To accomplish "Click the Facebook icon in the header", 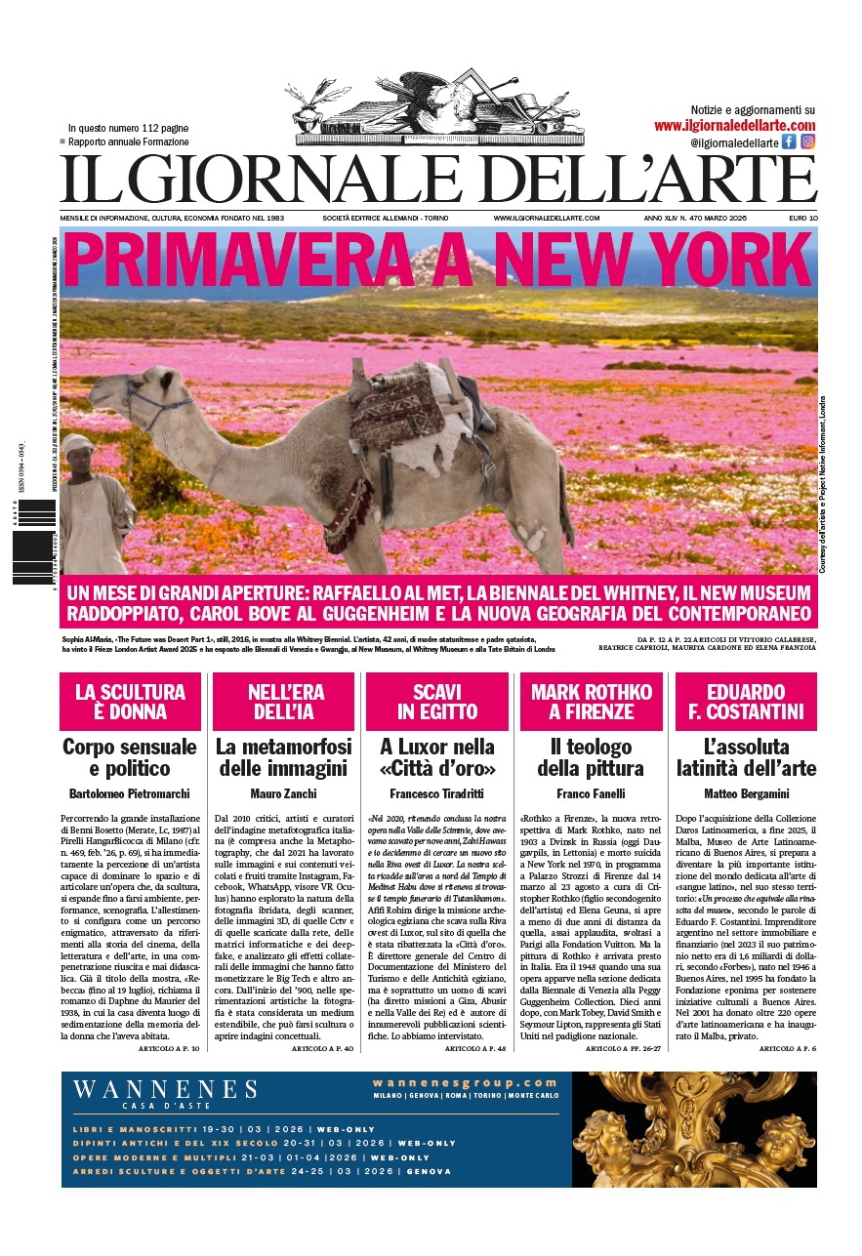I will tap(789, 142).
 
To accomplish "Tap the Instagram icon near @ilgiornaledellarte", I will tap(807, 142).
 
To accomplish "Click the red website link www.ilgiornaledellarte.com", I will tap(734, 126).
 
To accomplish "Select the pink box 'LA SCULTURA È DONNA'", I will tap(130, 702).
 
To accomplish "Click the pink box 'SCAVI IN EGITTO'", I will tap(436, 702).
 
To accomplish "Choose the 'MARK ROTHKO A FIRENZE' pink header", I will tap(591, 702).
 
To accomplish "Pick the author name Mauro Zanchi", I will tap(283, 793).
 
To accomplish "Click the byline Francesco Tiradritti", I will tap(436, 793).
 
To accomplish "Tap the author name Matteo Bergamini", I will tap(745, 793).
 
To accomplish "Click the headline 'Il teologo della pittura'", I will tap(591, 757).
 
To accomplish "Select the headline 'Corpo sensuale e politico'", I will tap(130, 757).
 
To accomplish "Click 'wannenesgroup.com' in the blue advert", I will tap(465, 1082).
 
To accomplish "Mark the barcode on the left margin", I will tap(33, 542).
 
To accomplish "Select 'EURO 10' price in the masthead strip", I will tap(803, 218).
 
